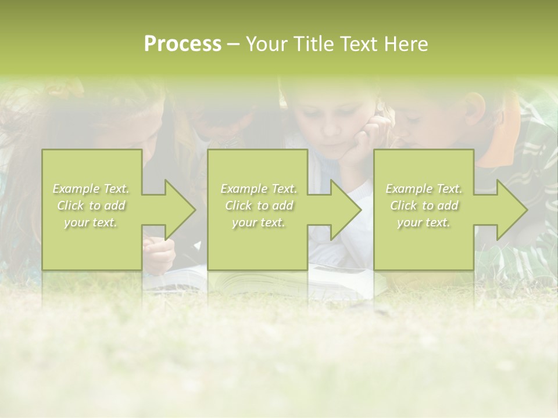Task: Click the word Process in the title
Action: click(183, 44)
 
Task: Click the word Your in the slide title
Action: click(267, 44)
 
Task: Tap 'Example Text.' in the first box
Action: click(91, 189)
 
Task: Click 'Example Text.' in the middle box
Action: click(259, 189)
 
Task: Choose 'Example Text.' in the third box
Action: click(424, 189)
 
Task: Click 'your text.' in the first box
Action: click(91, 222)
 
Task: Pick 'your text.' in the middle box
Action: click(259, 222)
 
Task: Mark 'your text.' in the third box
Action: click(424, 222)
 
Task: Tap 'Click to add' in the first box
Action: click(91, 206)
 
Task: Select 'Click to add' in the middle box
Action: click(259, 206)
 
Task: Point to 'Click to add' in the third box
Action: click(424, 206)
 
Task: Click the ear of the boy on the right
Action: click(475, 108)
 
